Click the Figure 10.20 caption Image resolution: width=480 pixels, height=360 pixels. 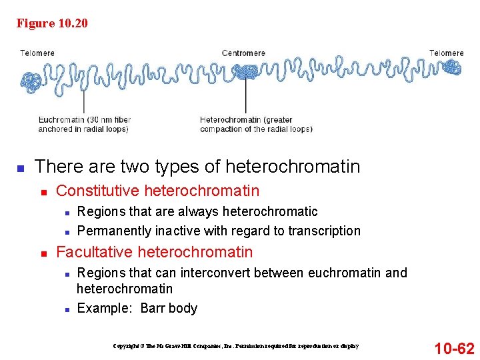tap(52, 24)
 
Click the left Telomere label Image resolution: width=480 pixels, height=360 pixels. tap(37, 53)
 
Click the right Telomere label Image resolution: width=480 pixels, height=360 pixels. tap(446, 53)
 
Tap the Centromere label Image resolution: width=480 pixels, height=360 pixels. tap(243, 53)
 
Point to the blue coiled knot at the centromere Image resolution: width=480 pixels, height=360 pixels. tap(247, 73)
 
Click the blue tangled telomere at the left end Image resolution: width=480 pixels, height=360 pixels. tap(31, 81)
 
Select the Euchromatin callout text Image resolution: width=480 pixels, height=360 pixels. tap(84, 125)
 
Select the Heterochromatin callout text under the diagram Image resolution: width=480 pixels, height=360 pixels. tap(256, 125)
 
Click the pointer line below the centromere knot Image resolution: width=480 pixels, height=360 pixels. tap(246, 97)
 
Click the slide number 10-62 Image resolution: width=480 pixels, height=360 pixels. tap(454, 348)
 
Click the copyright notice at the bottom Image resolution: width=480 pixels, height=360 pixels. tap(235, 346)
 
